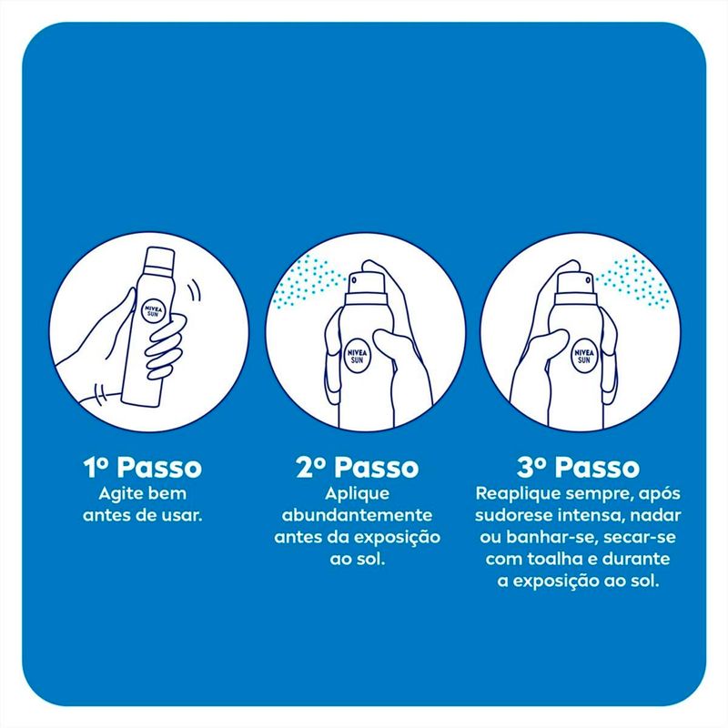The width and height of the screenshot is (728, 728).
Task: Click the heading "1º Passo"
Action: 143,467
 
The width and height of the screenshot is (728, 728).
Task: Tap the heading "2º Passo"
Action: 357,467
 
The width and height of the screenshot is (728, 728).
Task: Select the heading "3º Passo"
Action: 578,467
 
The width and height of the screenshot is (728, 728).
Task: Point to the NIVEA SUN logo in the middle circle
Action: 357,356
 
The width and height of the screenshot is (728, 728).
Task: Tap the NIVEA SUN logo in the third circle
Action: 583,356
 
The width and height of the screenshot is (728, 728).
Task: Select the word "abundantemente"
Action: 357,515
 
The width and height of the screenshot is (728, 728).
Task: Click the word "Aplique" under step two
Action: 357,494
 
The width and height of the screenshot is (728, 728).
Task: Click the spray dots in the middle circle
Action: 306,281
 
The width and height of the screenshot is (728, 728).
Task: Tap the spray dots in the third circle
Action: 633,281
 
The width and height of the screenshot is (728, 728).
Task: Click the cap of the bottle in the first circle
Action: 158,258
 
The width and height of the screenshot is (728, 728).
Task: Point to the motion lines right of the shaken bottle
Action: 194,291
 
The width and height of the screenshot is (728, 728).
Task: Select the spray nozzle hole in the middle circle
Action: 354,280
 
